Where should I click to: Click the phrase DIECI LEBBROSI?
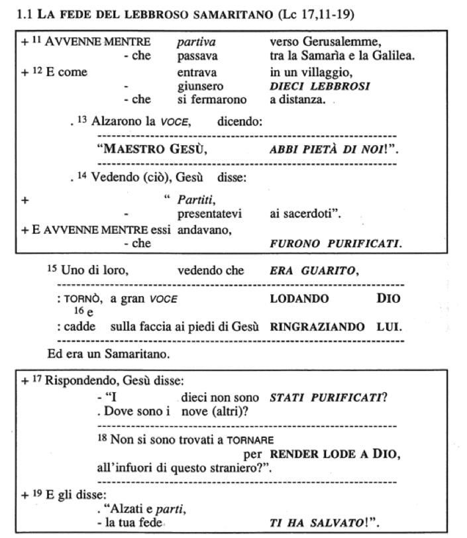point(319,86)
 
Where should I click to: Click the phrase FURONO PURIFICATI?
point(335,243)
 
